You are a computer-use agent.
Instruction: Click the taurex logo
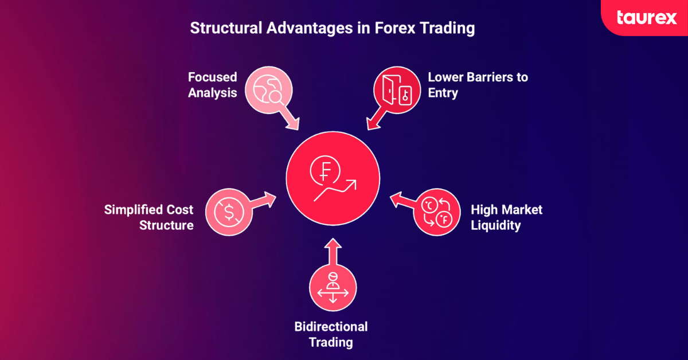[647, 17]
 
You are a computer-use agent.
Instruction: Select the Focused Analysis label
[213, 84]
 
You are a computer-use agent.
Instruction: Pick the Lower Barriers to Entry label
[478, 84]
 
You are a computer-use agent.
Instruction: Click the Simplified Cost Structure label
[149, 217]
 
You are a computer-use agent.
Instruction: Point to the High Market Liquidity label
[506, 217]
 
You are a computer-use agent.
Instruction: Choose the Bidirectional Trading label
[331, 335]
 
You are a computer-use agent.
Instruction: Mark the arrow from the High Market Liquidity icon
[402, 201]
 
